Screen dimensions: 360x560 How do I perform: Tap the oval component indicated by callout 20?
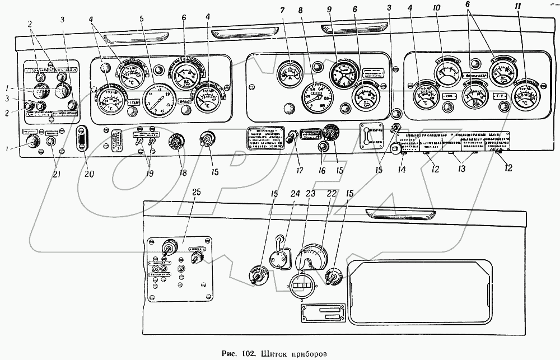[x=83, y=138]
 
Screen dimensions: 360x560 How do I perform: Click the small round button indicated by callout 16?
[x=323, y=147]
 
